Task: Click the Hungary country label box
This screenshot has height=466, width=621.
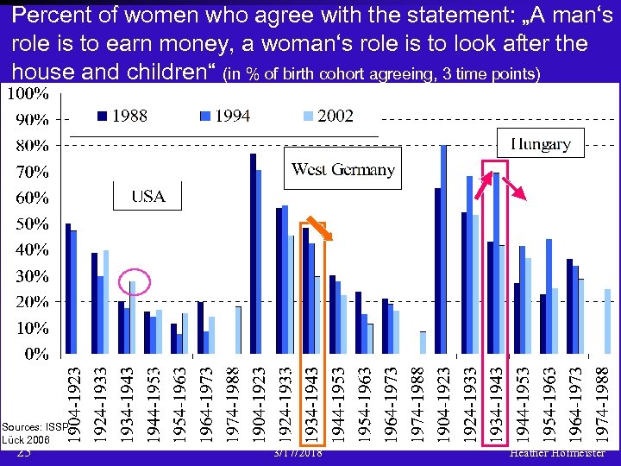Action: (541, 143)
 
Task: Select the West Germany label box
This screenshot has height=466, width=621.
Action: (343, 169)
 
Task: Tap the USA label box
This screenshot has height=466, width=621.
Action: (148, 197)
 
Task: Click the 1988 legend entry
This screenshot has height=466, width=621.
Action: (122, 116)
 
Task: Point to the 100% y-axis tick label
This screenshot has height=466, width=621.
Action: (28, 91)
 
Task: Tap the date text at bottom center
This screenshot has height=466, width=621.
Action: (298, 453)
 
